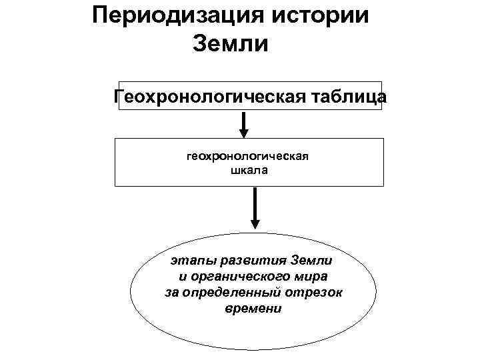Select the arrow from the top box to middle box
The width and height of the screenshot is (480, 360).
pyautogui.click(x=244, y=124)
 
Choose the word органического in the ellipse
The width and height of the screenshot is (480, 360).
pyautogui.click(x=247, y=275)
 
